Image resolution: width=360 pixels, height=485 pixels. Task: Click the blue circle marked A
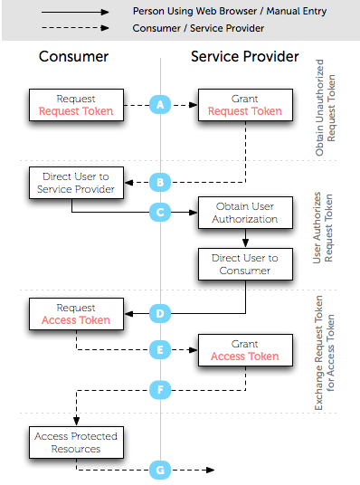161,105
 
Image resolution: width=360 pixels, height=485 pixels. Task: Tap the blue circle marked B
161,183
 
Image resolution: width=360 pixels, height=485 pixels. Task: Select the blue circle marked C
161,213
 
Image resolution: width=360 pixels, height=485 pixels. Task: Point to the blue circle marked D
161,314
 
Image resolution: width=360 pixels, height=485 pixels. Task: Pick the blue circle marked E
161,348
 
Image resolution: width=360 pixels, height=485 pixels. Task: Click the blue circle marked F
161,391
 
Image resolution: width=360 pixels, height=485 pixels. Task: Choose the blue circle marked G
161,470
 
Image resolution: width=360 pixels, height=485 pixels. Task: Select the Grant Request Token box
245,105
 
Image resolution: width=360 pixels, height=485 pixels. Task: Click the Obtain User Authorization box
245,213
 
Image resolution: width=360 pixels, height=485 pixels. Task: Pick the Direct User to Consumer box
245,264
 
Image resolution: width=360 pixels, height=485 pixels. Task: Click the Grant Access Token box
245,349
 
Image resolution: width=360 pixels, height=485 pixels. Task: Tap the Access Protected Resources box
75,442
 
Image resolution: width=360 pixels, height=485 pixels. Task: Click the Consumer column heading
74,57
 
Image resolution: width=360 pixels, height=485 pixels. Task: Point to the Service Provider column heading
244,57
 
